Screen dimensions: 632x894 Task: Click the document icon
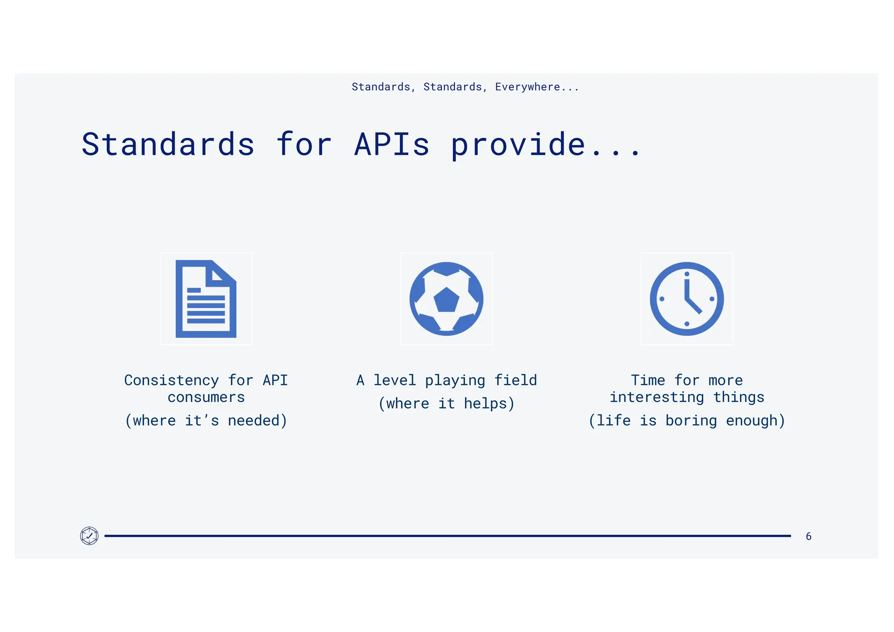[x=206, y=299]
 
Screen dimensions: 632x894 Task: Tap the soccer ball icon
[x=446, y=299]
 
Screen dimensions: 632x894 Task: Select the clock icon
[x=687, y=299]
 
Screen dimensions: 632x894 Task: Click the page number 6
[x=808, y=536]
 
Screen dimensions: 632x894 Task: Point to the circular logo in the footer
[x=89, y=536]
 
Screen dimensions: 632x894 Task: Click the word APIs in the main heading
[x=392, y=144]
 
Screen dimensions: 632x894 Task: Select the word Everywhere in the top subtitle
[x=527, y=87]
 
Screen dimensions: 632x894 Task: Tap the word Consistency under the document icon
[x=171, y=380]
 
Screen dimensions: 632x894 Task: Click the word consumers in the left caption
[x=206, y=397]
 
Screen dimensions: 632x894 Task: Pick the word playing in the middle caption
[x=455, y=381]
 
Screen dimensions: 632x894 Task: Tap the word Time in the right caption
[x=648, y=380]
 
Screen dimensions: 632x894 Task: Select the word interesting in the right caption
[x=657, y=397]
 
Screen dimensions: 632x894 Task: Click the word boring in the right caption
[x=691, y=421]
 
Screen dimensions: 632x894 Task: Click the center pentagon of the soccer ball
[x=446, y=300]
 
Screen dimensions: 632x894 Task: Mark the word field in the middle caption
[x=515, y=380]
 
